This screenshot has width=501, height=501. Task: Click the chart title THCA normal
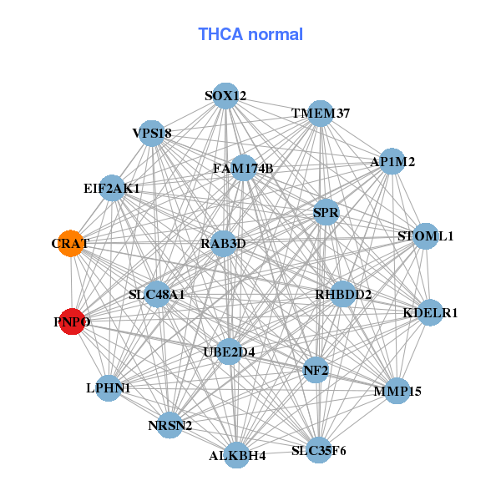(x=250, y=34)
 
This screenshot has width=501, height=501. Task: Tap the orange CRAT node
(x=70, y=244)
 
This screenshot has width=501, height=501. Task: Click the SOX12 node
(x=225, y=96)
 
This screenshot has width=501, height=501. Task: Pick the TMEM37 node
(x=321, y=114)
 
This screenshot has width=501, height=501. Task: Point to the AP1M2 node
(x=392, y=161)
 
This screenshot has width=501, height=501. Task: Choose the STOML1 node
(x=426, y=236)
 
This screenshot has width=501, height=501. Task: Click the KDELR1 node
(x=430, y=313)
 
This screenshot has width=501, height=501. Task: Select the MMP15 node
(x=397, y=390)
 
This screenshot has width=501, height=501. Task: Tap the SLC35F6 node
(x=318, y=451)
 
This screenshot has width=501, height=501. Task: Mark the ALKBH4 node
(x=238, y=455)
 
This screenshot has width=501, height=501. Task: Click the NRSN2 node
(x=170, y=426)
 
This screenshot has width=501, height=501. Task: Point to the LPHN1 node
(x=109, y=387)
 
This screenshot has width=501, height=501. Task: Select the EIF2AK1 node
(x=112, y=189)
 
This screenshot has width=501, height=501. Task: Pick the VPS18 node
(x=151, y=134)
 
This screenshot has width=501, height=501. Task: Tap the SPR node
(x=326, y=213)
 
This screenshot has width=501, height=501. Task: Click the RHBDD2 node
(x=343, y=294)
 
